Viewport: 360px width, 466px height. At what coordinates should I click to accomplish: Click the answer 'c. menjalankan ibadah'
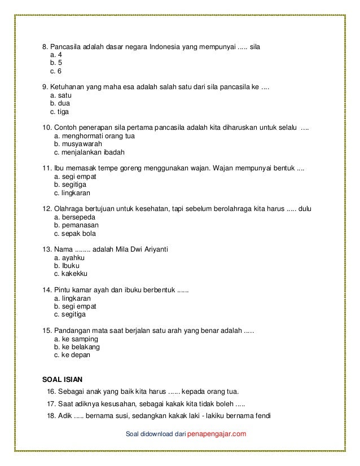tap(89, 152)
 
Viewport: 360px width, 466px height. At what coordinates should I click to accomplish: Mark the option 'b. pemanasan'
tap(76, 225)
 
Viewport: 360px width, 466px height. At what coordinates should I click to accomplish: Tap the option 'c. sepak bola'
tap(75, 234)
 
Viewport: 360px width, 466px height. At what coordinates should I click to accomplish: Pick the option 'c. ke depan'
tap(72, 355)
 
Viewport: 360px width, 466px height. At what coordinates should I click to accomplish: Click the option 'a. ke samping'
tap(76, 339)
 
